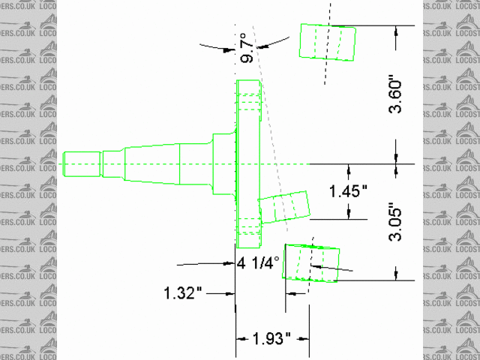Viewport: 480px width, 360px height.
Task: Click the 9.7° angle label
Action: tap(247, 48)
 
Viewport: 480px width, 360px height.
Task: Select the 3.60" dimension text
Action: tap(395, 97)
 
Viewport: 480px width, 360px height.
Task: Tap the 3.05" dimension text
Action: tap(395, 225)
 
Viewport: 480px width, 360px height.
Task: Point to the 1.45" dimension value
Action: tap(348, 191)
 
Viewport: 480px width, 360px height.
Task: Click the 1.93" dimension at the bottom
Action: tap(271, 338)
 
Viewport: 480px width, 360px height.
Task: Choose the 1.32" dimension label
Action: tap(183, 293)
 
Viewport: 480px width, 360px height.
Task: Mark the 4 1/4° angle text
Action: tap(258, 262)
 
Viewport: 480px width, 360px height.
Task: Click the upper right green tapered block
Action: tap(328, 42)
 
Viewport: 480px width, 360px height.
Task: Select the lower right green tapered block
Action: tap(310, 263)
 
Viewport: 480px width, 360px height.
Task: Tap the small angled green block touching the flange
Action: tap(283, 207)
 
